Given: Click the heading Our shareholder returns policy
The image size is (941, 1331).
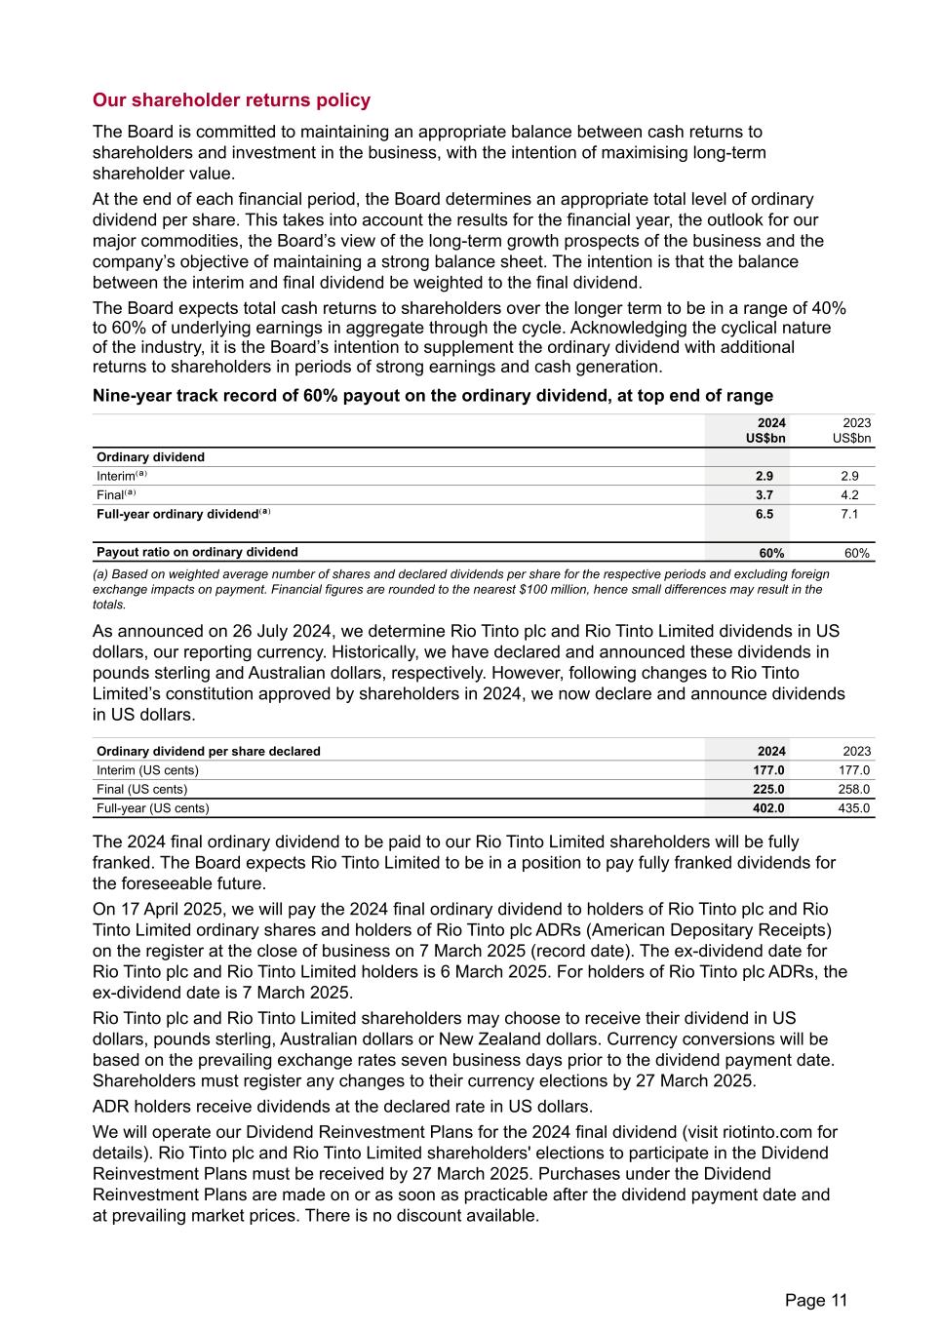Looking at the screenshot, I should click(231, 100).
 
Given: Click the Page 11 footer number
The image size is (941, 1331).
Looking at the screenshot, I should click(816, 1300).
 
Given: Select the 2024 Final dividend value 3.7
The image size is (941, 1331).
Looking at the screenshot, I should click(765, 495).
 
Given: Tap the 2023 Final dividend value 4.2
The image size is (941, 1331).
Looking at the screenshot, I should click(849, 495).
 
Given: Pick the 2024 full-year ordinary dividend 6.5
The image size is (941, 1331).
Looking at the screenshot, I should click(765, 514).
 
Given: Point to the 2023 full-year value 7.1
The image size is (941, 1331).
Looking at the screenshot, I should click(849, 514).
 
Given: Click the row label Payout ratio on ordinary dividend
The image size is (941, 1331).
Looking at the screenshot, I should click(197, 552).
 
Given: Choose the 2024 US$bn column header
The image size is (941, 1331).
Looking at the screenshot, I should click(766, 430).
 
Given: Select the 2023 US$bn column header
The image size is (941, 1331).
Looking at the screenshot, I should click(852, 430).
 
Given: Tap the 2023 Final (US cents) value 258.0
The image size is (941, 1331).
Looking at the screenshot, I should click(852, 789).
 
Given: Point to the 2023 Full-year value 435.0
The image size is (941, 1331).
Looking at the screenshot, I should click(852, 808).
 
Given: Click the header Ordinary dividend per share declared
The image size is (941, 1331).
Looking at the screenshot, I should click(208, 751).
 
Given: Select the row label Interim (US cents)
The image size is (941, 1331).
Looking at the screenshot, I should click(147, 770).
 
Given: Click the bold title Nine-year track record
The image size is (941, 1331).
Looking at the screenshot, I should click(432, 396).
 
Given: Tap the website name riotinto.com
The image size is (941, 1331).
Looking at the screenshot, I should click(765, 1132).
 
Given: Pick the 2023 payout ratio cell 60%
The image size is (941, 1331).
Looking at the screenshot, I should click(857, 553).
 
